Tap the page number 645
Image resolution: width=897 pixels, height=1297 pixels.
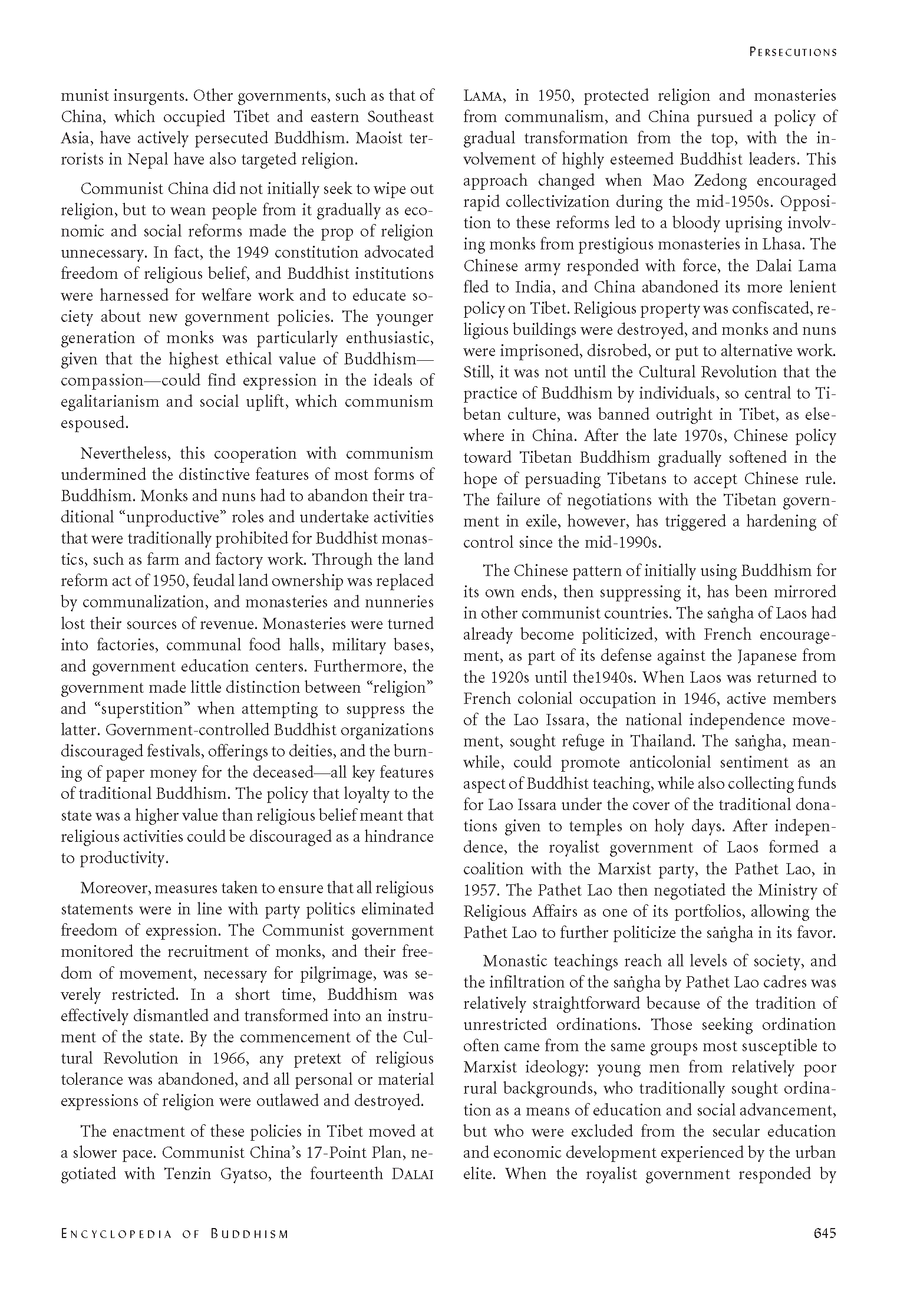click(x=824, y=1233)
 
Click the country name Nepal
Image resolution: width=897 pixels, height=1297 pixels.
click(x=170, y=159)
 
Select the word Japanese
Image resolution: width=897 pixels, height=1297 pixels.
click(x=753, y=656)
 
